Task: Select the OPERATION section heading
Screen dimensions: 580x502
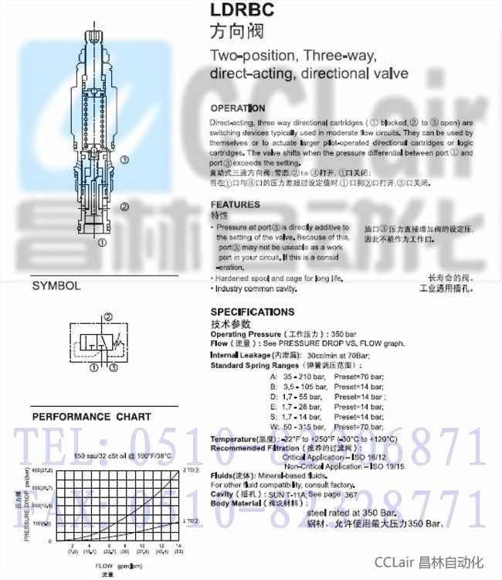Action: pos(238,108)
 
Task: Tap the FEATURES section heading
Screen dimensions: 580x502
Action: pos(236,205)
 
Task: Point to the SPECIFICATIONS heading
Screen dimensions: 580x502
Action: pos(253,312)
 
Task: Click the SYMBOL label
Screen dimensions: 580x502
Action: pos(56,285)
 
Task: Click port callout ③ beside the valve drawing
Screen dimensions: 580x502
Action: pos(124,159)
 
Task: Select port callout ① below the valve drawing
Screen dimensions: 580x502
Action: pos(101,241)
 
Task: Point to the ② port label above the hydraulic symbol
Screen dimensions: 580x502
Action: pos(108,317)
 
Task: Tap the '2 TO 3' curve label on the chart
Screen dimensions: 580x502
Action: pos(191,470)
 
